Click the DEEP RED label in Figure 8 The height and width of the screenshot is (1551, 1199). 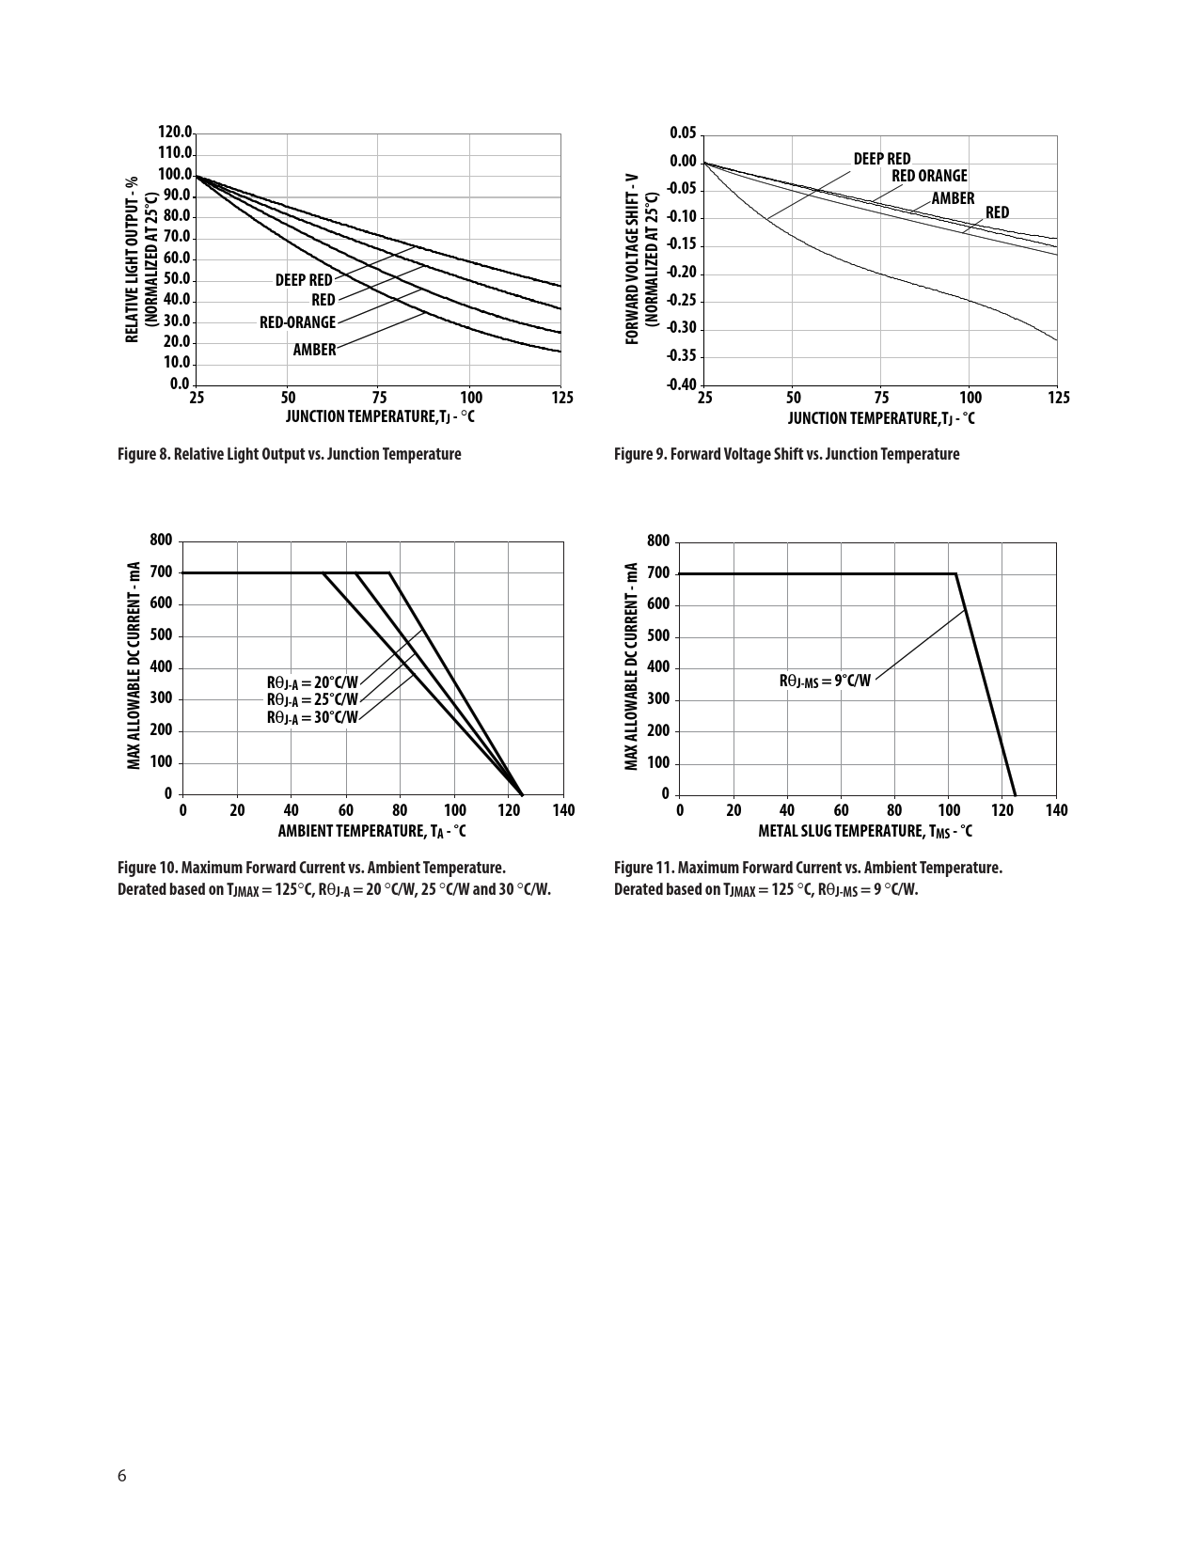coord(303,280)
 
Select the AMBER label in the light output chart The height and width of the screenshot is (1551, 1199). coord(314,350)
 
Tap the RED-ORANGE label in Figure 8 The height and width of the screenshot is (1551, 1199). coord(297,322)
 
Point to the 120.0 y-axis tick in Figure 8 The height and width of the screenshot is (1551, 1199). coord(176,133)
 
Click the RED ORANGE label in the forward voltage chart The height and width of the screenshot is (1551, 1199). coord(929,176)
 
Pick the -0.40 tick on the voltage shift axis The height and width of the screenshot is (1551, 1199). coord(682,384)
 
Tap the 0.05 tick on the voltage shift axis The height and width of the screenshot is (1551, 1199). coord(684,133)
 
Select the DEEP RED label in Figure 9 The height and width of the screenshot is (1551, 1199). coord(881,159)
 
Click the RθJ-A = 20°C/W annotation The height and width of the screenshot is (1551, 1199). coord(312,682)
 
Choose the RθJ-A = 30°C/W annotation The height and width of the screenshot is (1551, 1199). coord(312,717)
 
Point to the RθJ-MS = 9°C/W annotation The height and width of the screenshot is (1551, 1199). coord(825,681)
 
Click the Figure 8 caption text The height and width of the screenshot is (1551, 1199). coord(289,455)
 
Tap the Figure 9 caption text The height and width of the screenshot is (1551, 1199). coord(786,455)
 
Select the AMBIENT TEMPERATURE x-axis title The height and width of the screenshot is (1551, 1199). coord(371,831)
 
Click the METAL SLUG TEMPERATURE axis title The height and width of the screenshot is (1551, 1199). coord(865,831)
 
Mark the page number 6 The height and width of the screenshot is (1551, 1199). coord(121,1475)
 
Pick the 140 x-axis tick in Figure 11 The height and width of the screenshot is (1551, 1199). coord(1056,810)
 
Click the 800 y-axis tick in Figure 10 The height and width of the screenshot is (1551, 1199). coord(161,540)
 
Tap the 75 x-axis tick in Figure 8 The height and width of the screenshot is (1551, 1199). coord(379,398)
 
